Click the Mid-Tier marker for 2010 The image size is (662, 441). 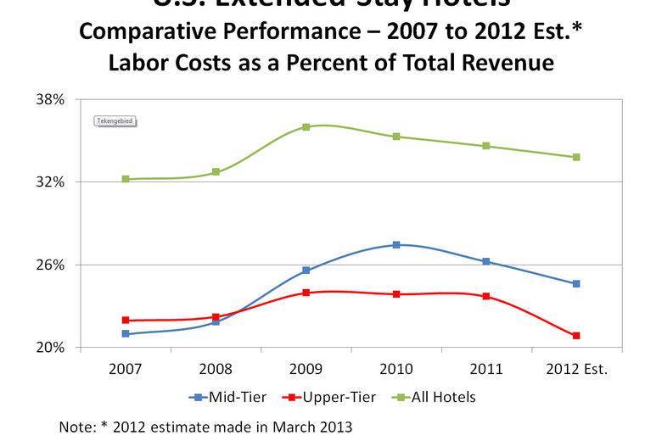point(396,245)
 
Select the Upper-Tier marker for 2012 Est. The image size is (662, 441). point(576,336)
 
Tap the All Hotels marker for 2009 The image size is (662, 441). point(306,127)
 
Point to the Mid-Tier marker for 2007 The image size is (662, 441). point(126,334)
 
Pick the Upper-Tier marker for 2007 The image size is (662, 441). point(126,321)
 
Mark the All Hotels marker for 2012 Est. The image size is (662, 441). point(576,157)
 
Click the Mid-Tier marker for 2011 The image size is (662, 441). point(486,261)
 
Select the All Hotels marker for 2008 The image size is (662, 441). point(216,172)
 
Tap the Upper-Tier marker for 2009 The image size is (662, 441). point(306,293)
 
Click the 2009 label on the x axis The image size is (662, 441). point(306,369)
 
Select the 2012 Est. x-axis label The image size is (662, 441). point(576,369)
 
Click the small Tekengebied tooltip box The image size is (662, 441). point(115,121)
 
